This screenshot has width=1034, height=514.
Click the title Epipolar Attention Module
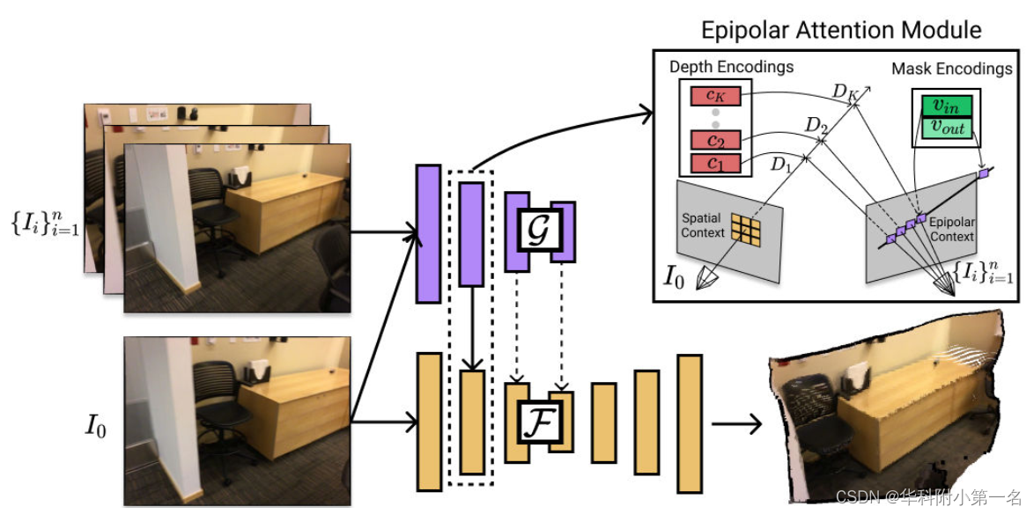[x=840, y=30]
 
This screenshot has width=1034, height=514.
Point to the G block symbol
[x=538, y=230]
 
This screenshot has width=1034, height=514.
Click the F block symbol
[x=538, y=422]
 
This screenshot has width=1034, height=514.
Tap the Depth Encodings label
[x=731, y=67]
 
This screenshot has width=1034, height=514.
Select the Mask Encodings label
[x=951, y=68]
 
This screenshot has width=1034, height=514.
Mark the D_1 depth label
[x=781, y=163]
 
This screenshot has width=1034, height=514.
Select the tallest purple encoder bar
[x=428, y=233]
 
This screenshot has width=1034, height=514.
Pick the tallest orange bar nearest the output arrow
[x=689, y=423]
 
